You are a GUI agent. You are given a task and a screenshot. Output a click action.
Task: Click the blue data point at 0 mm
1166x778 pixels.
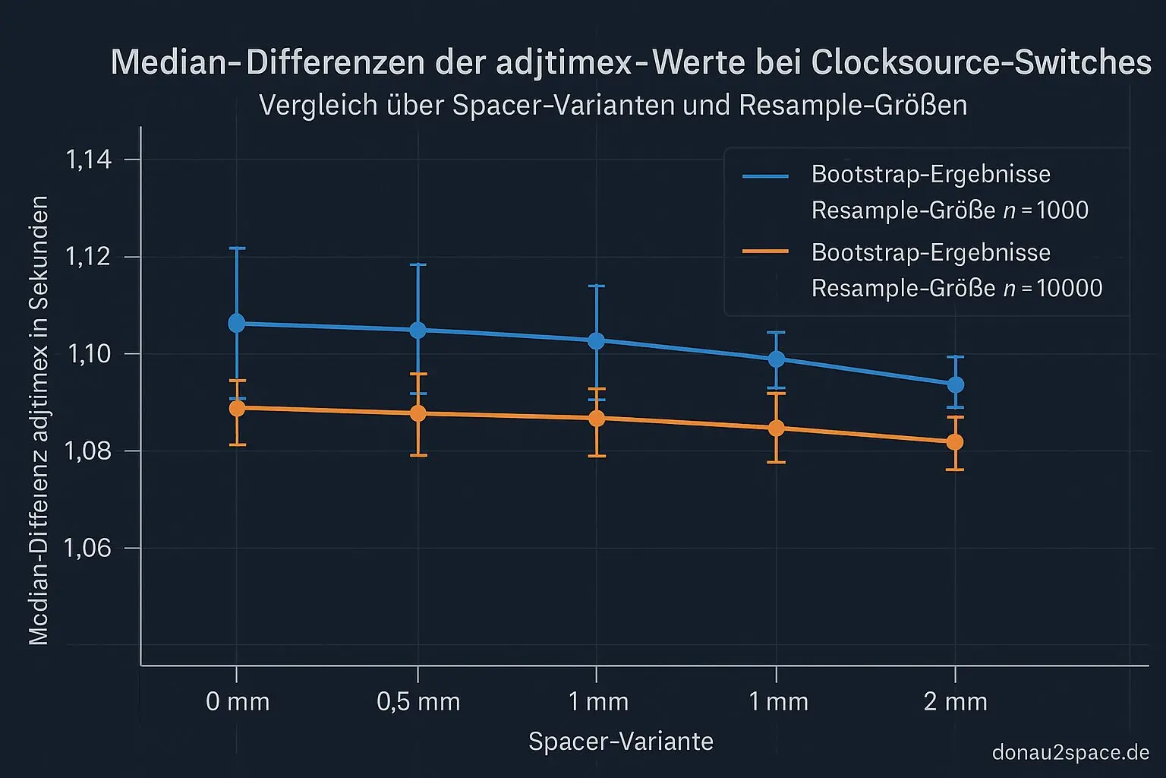(237, 323)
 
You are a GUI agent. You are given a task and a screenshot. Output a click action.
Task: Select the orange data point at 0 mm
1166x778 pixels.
(237, 408)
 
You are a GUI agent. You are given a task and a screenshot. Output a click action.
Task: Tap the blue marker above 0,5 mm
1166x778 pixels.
(418, 330)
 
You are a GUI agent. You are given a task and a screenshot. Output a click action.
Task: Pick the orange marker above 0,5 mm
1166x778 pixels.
(418, 413)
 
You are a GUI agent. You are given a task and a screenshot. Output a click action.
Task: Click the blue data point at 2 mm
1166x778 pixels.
(955, 384)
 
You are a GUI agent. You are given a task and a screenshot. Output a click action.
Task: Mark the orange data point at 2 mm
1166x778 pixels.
(955, 442)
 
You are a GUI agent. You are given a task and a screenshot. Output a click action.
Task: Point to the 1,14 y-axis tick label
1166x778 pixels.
(89, 160)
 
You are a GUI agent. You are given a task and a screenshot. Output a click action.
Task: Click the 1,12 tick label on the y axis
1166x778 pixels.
(89, 257)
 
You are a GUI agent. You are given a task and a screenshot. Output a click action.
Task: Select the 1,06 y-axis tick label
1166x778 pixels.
(89, 549)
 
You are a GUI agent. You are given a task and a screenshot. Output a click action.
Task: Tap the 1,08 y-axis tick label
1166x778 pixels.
(89, 451)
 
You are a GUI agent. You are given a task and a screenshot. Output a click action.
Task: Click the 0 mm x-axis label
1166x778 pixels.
(238, 701)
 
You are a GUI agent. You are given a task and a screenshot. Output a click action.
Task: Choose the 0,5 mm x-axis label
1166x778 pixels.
(418, 701)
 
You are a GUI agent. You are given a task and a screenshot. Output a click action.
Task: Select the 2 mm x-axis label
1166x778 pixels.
(956, 701)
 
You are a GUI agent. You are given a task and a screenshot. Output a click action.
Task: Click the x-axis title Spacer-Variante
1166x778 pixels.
(621, 742)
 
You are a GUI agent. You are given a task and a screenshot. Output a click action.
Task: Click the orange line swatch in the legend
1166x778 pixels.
(766, 251)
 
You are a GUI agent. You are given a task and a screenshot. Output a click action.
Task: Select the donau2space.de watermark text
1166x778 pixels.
(1070, 753)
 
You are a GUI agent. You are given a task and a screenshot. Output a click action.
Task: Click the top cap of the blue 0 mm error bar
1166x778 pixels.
(237, 248)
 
